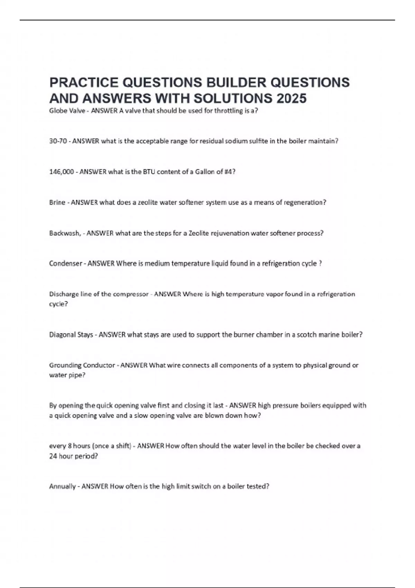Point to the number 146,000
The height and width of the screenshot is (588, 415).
point(62,172)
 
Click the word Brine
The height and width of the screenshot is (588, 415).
point(57,202)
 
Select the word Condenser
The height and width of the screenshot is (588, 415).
point(65,264)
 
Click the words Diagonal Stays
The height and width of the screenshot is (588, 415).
point(71,335)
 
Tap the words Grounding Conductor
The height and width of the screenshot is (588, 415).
point(82,365)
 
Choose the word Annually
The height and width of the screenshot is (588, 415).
point(62,486)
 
